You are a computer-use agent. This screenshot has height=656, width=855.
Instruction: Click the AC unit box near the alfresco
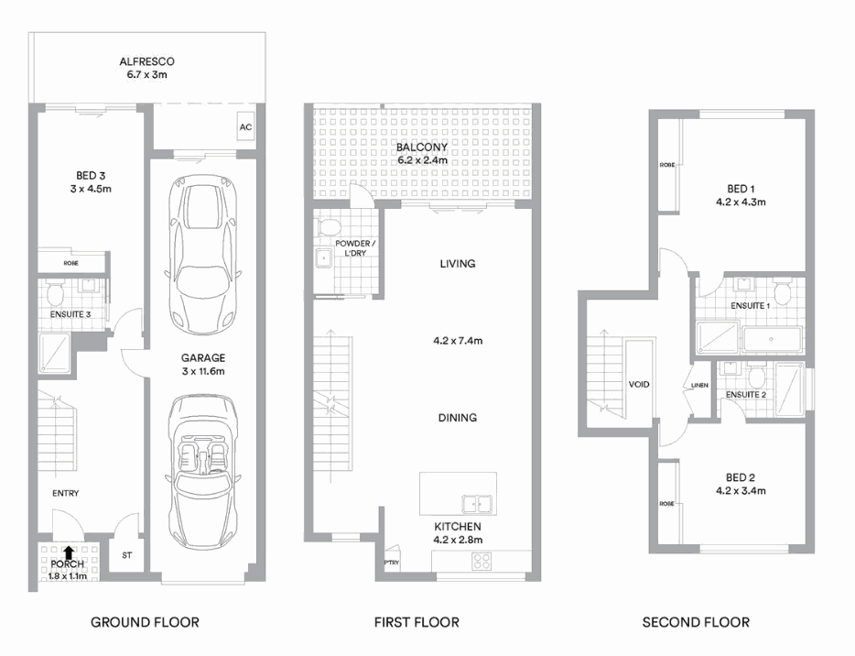click(x=244, y=127)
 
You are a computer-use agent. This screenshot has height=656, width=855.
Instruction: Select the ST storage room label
click(x=126, y=556)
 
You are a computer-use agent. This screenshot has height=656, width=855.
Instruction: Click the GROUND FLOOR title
click(x=145, y=622)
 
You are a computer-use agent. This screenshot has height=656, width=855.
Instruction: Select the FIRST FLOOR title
click(x=417, y=622)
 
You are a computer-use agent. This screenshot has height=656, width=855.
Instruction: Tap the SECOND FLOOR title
click(x=696, y=622)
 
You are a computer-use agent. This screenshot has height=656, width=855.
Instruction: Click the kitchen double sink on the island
click(x=475, y=503)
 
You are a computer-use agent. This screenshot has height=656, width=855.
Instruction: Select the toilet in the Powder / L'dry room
click(x=330, y=224)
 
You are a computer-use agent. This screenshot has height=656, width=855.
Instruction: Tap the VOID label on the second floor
click(x=640, y=384)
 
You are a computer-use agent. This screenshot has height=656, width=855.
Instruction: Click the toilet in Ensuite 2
click(x=756, y=377)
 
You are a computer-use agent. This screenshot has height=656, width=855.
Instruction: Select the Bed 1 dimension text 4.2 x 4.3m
click(x=741, y=202)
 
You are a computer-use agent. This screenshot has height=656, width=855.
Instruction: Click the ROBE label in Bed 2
click(x=666, y=504)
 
